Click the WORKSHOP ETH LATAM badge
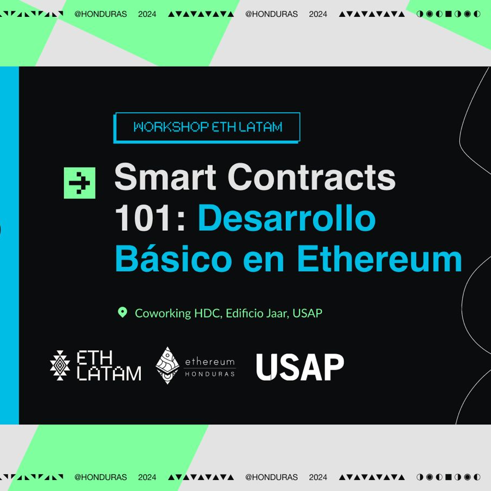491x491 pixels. (x=207, y=127)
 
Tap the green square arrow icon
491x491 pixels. (x=80, y=183)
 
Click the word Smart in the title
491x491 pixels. (x=165, y=177)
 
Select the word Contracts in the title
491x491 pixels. (x=312, y=177)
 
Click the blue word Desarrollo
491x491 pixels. (x=287, y=219)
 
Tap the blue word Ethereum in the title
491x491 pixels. (x=380, y=259)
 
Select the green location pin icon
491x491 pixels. (x=122, y=313)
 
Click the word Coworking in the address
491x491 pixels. (x=163, y=313)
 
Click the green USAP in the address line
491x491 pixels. (x=308, y=313)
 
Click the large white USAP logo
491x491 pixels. (x=300, y=367)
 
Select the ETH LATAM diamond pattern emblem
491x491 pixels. (x=60, y=366)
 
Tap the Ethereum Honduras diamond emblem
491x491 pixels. (x=167, y=365)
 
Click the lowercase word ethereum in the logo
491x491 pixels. (x=210, y=362)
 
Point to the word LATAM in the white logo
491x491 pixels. (x=109, y=374)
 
